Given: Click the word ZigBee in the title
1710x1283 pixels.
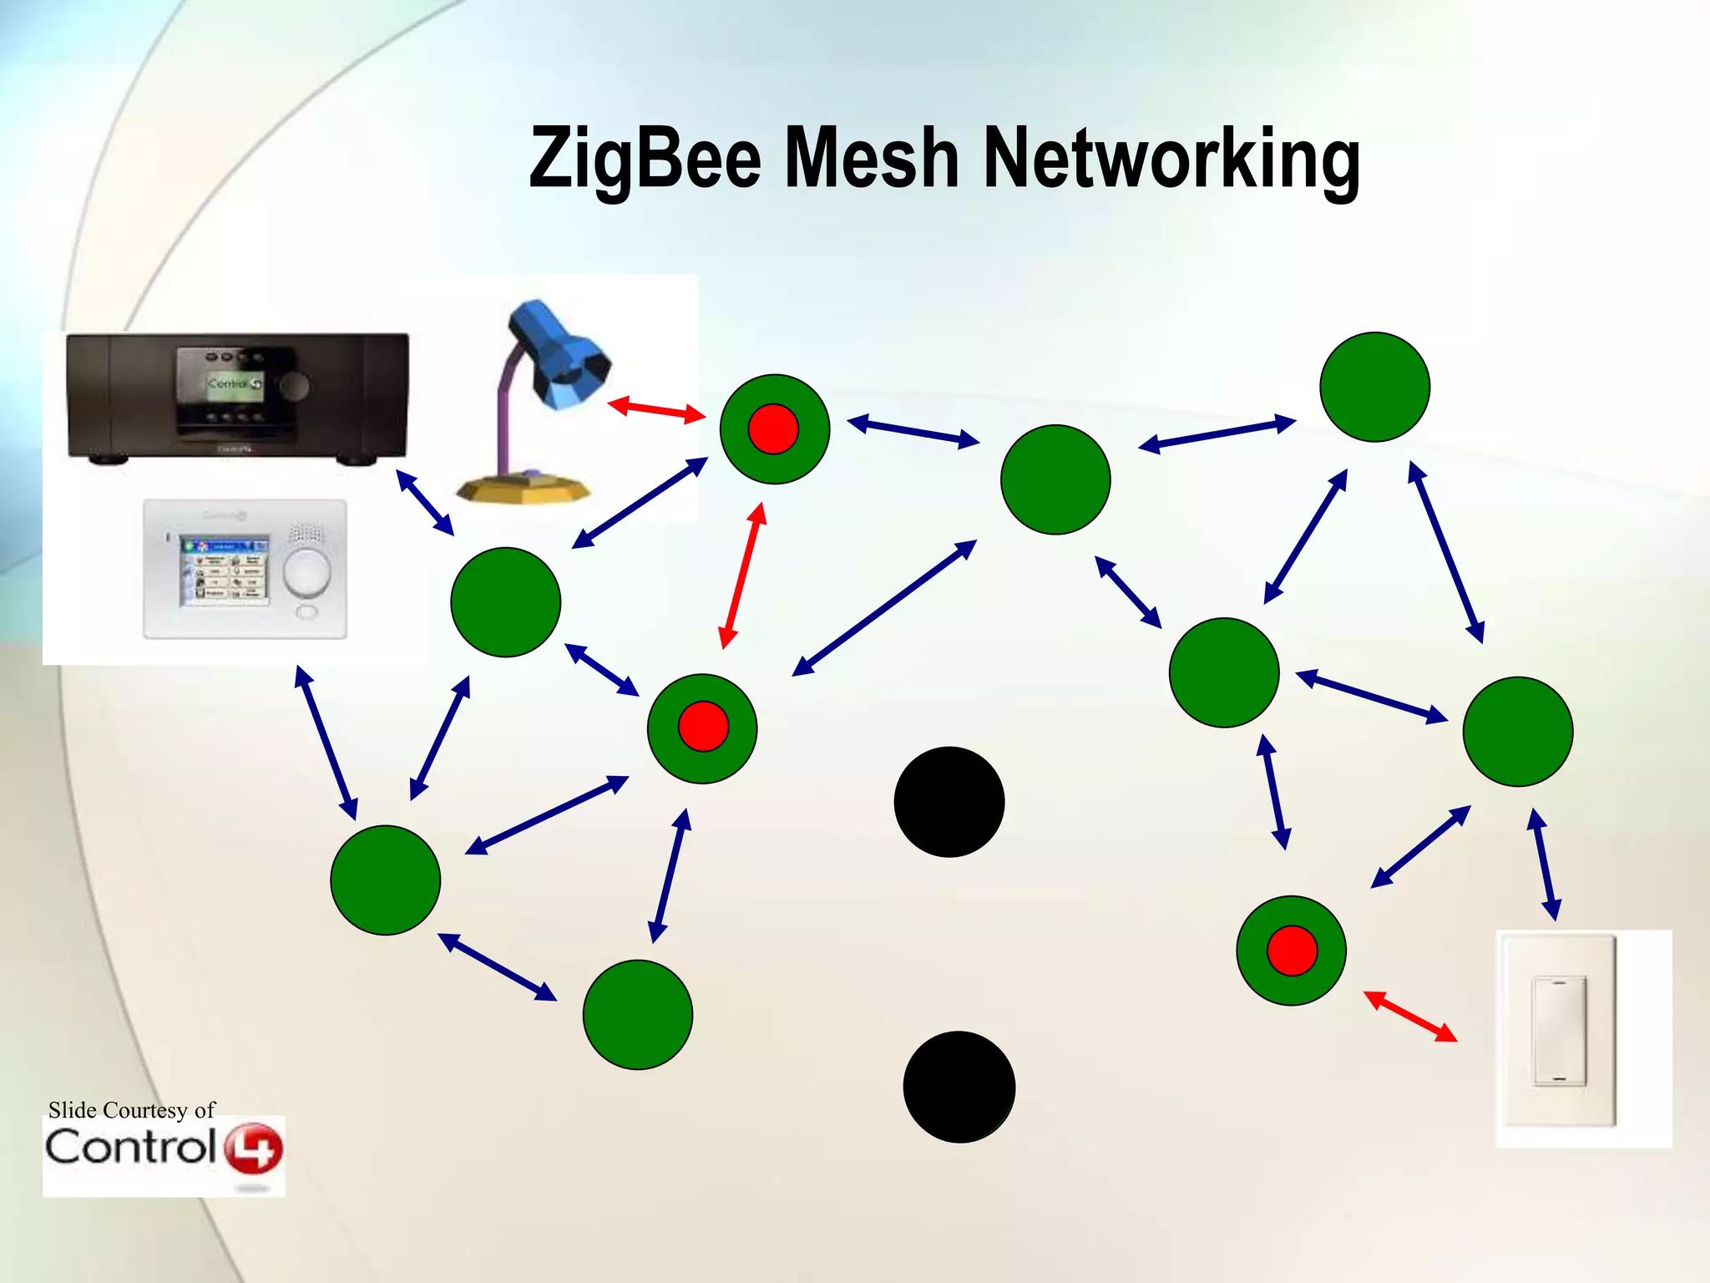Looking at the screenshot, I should coord(645,159).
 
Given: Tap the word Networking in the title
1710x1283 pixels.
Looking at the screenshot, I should coord(1171,159).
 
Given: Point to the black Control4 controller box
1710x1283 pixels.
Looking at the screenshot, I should coord(238,396).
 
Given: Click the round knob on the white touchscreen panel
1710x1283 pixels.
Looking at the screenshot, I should coord(306,572).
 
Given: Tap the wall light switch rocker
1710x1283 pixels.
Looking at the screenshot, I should coord(1558,1030).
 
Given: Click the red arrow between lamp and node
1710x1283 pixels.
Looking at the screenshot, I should coord(656,409).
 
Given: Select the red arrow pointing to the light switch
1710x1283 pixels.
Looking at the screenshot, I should coord(1410,1016).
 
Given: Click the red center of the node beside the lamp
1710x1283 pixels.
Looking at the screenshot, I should coord(773,429).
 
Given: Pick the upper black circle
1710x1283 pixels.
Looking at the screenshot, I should coord(949,802).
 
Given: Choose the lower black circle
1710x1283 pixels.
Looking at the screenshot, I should coord(959,1087).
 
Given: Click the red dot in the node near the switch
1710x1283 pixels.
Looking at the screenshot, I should coord(1292,951).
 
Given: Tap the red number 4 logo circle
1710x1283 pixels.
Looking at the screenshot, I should coord(254,1149).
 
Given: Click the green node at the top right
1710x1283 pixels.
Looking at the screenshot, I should coord(1374,387).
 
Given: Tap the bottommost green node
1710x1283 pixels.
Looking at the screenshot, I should coord(638,1014).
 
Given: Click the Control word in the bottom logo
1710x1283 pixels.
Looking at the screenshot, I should coord(130,1147).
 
